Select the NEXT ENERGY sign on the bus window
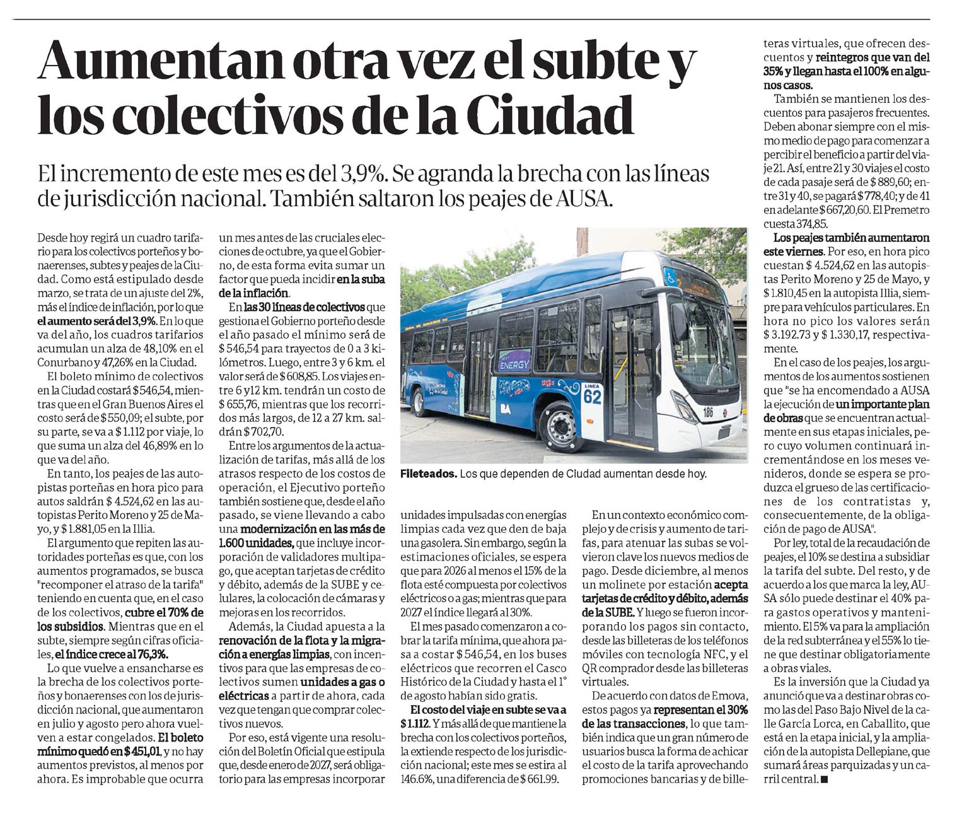[x=514, y=362]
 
